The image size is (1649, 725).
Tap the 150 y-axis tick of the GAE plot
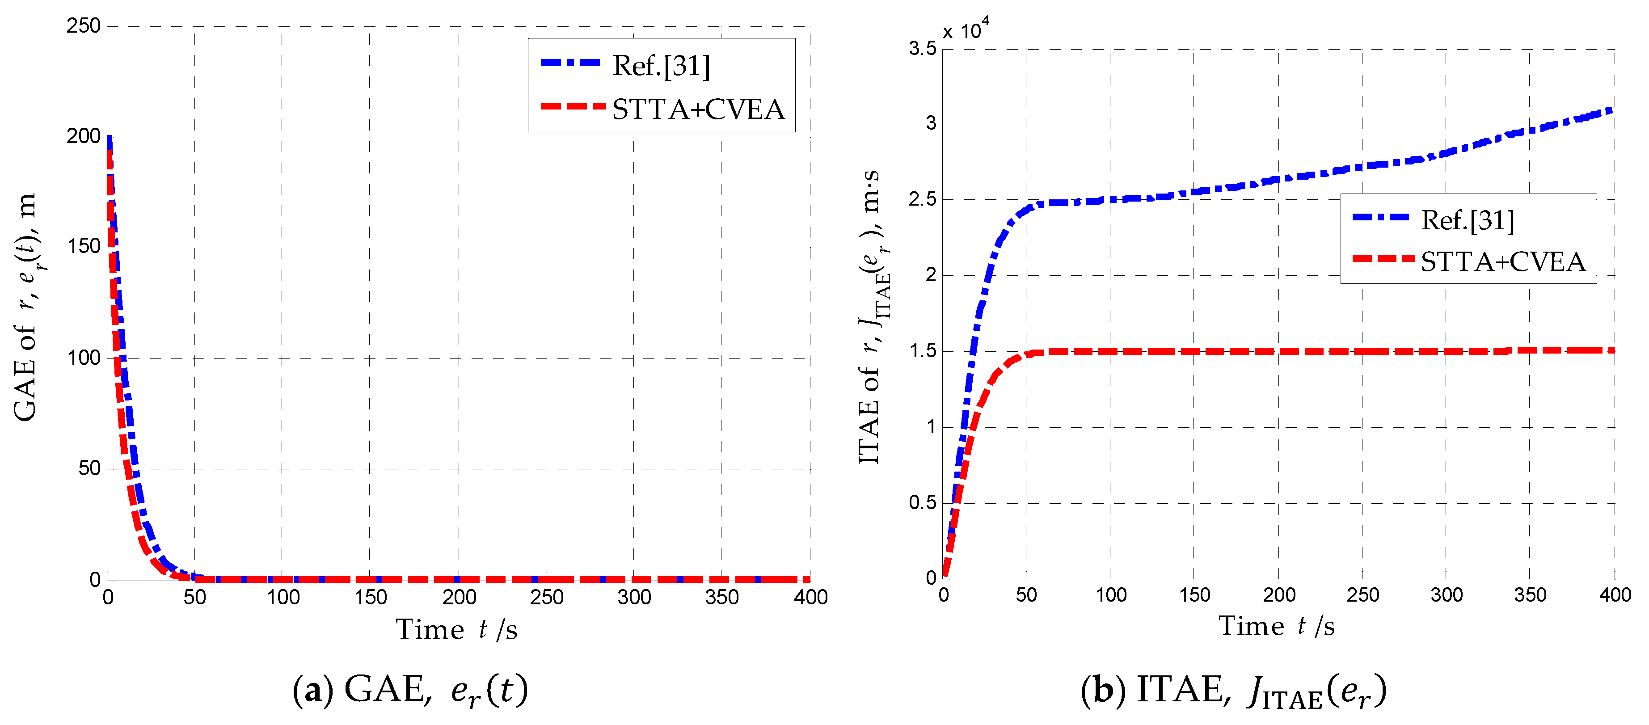click(x=84, y=246)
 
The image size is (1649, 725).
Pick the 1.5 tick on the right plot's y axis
click(x=922, y=351)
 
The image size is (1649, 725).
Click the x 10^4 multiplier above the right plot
click(x=966, y=30)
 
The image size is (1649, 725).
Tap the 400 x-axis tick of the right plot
click(x=1615, y=595)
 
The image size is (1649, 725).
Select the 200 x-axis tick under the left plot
click(x=459, y=597)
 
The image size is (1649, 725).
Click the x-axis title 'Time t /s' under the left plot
click(x=456, y=630)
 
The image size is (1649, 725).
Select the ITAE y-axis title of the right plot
click(x=871, y=317)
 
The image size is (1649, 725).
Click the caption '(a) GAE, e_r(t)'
click(x=410, y=691)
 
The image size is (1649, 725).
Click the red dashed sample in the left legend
click(x=572, y=106)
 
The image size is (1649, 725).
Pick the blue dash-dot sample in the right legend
click(x=1381, y=218)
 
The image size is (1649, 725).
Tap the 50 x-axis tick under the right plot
click(x=1026, y=595)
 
